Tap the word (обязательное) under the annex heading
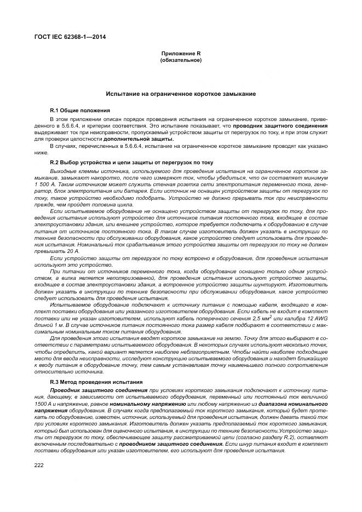181,60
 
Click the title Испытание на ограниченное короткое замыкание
181,94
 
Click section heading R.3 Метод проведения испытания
96,381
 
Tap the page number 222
39,464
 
